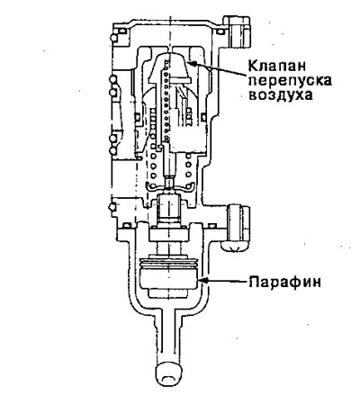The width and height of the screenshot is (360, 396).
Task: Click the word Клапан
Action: click(x=276, y=67)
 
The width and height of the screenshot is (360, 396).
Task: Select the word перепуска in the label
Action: click(x=291, y=81)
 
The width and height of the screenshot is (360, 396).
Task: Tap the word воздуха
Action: click(x=281, y=94)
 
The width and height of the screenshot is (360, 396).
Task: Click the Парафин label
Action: click(x=284, y=283)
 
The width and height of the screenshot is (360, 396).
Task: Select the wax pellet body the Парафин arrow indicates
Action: click(x=169, y=278)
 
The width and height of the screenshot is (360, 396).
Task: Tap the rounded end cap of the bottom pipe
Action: click(x=168, y=375)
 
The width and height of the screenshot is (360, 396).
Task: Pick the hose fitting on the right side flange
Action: click(x=236, y=229)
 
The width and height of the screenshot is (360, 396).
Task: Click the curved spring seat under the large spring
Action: click(x=168, y=187)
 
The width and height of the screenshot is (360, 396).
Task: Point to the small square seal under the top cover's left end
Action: click(x=122, y=31)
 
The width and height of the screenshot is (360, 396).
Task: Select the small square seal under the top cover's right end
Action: click(x=220, y=31)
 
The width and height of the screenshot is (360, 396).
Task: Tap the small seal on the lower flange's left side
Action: click(x=127, y=225)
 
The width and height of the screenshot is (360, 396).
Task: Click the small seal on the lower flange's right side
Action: click(x=212, y=225)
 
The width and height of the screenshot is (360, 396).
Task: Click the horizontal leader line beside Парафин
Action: click(x=228, y=282)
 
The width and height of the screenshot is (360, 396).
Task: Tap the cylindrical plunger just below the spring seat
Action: click(x=168, y=209)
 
